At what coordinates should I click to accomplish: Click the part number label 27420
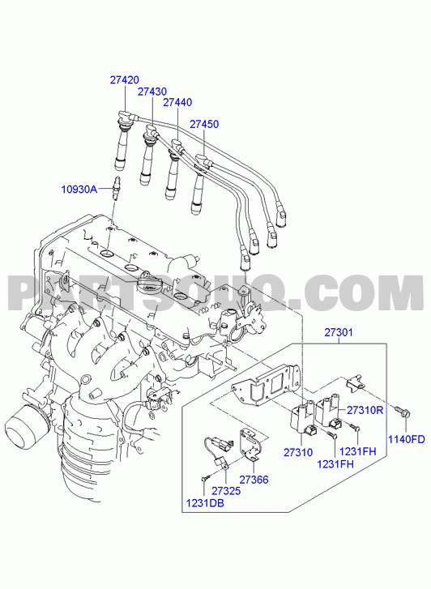(125, 79)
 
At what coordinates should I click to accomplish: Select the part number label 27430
(152, 92)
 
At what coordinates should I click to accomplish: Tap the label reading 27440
(177, 102)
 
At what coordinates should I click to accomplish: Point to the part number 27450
(204, 124)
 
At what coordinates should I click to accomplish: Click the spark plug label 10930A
(79, 189)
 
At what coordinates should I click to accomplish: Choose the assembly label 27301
(339, 332)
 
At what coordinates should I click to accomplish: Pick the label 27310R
(365, 410)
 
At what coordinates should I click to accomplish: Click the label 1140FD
(406, 439)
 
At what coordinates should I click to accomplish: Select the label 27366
(254, 480)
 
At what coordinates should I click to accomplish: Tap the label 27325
(226, 491)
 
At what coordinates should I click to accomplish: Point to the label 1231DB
(205, 503)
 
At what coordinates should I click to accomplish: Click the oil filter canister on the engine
(26, 427)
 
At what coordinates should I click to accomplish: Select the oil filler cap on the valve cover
(150, 283)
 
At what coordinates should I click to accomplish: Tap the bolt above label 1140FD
(403, 412)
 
